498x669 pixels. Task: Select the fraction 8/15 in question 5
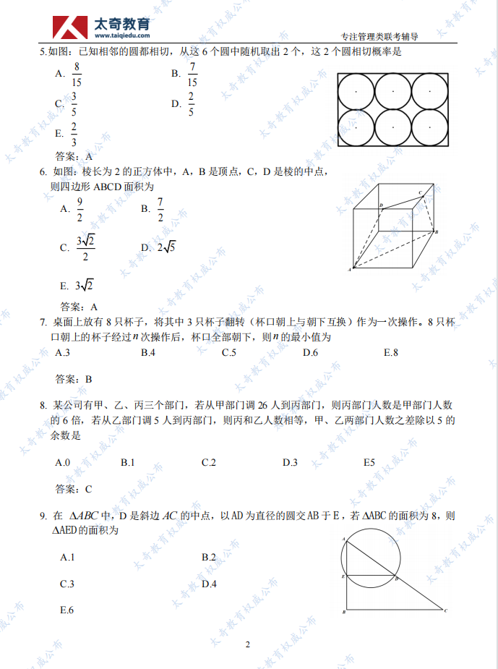tap(77, 73)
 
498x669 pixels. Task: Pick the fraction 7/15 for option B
tap(192, 73)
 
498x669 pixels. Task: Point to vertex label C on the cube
tap(420, 192)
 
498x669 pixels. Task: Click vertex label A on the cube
tap(350, 270)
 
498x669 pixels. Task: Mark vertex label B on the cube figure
tap(437, 231)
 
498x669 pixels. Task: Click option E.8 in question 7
tap(391, 353)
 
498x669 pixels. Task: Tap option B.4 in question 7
tap(148, 353)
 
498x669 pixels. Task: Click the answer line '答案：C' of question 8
tap(74, 489)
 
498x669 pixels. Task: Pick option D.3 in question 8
tap(290, 462)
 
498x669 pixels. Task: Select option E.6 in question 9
tap(67, 610)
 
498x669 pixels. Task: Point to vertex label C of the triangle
tap(445, 612)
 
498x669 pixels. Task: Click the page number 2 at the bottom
tap(247, 644)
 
